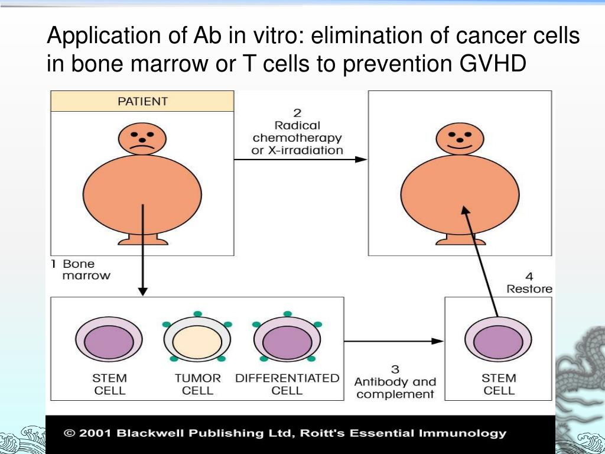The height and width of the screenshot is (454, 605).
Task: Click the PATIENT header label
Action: tap(142, 101)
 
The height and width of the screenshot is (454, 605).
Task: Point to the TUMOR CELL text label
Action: tap(197, 384)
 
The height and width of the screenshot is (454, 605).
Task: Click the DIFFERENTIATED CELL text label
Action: tap(287, 384)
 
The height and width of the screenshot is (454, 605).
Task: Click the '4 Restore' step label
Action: tap(529, 283)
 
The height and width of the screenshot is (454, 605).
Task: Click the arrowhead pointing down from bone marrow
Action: tap(142, 291)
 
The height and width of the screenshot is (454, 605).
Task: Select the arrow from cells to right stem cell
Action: tap(393, 341)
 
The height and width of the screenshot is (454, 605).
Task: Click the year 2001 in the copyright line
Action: tap(96, 433)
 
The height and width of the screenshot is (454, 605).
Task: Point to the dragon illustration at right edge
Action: tap(582, 367)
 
